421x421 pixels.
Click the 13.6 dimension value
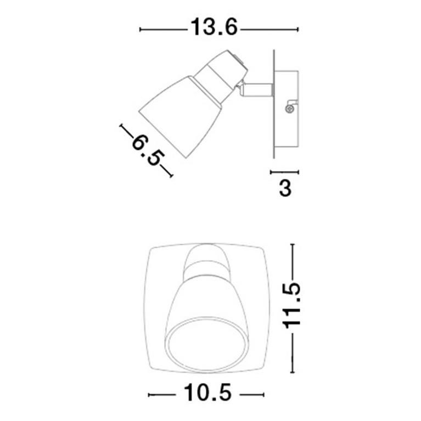[x=214, y=27]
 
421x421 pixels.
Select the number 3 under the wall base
[x=284, y=188]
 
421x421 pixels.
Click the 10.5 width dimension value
[x=206, y=394]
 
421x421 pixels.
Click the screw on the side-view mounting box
[x=290, y=109]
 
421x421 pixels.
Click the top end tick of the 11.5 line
[x=293, y=245]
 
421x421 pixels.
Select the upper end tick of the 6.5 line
[x=122, y=127]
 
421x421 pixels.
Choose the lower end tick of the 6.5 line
[x=171, y=176]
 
